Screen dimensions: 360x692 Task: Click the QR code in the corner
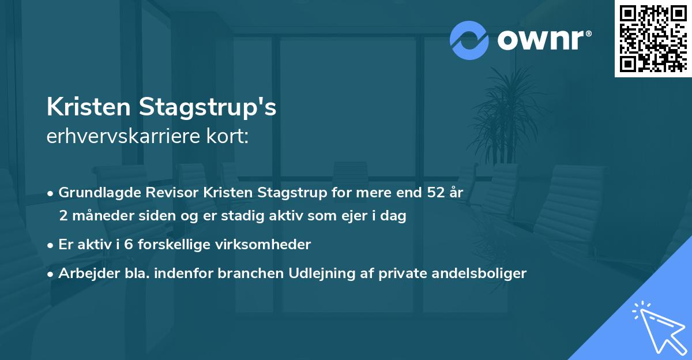(x=653, y=38)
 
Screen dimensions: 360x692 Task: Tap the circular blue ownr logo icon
(x=469, y=40)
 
